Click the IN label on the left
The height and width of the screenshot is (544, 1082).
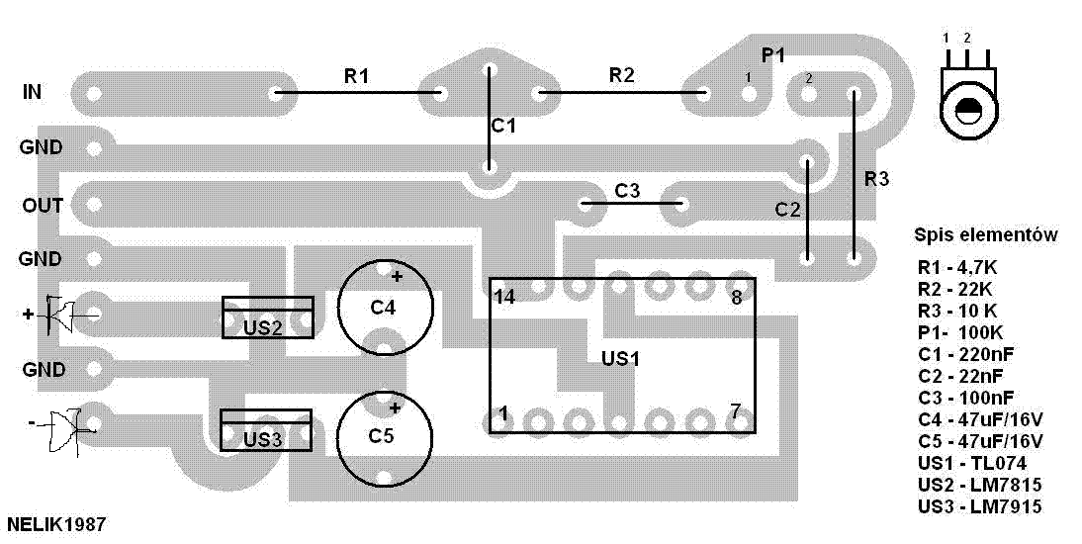tap(33, 92)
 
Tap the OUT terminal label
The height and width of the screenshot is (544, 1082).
tap(43, 205)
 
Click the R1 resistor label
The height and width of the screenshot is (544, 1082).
tap(356, 76)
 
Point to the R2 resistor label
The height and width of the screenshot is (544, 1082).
tap(621, 75)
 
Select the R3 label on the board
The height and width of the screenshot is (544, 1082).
tap(877, 179)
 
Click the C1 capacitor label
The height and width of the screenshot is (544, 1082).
tap(503, 127)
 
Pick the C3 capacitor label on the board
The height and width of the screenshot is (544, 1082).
tap(627, 191)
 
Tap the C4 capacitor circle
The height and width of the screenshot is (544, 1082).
tap(385, 261)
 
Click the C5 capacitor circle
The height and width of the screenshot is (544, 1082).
tap(385, 392)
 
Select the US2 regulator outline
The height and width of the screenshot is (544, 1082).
tap(268, 299)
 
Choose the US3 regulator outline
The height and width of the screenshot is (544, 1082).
tap(266, 411)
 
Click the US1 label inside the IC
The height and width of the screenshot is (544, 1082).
tap(621, 359)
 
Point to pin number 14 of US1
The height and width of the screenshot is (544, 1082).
tap(504, 298)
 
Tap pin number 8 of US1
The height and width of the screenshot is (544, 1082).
tap(737, 299)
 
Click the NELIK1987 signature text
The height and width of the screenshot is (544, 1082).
tap(56, 524)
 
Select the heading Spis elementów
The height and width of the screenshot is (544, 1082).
tap(986, 235)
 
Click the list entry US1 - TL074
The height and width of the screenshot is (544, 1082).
tap(972, 463)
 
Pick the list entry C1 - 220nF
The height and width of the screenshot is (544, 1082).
tap(966, 355)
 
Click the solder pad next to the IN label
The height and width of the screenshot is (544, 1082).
tap(95, 93)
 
